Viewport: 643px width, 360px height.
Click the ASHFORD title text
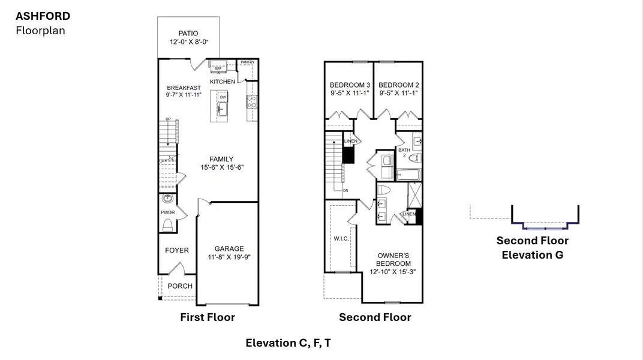(43, 16)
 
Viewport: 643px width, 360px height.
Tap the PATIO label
(188, 34)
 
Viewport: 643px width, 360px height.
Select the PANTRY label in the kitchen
(247, 62)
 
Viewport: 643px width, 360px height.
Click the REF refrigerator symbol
(218, 69)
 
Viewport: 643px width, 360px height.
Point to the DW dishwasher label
(223, 97)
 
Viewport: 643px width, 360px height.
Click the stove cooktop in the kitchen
(253, 101)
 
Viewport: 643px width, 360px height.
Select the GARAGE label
(229, 248)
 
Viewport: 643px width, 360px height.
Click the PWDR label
(167, 212)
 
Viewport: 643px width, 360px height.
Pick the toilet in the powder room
(168, 226)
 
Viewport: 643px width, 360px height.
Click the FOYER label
(176, 250)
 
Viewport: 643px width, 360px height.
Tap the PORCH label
(180, 286)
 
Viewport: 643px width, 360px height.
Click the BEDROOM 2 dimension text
(398, 93)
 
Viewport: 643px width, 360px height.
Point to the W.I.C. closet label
(341, 239)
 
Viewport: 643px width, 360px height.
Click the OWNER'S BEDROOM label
(393, 259)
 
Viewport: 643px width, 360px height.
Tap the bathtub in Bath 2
(409, 175)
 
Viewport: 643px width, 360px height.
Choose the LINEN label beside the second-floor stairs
(351, 141)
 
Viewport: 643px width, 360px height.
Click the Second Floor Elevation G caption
(532, 247)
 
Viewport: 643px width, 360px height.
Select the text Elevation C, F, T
(288, 343)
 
